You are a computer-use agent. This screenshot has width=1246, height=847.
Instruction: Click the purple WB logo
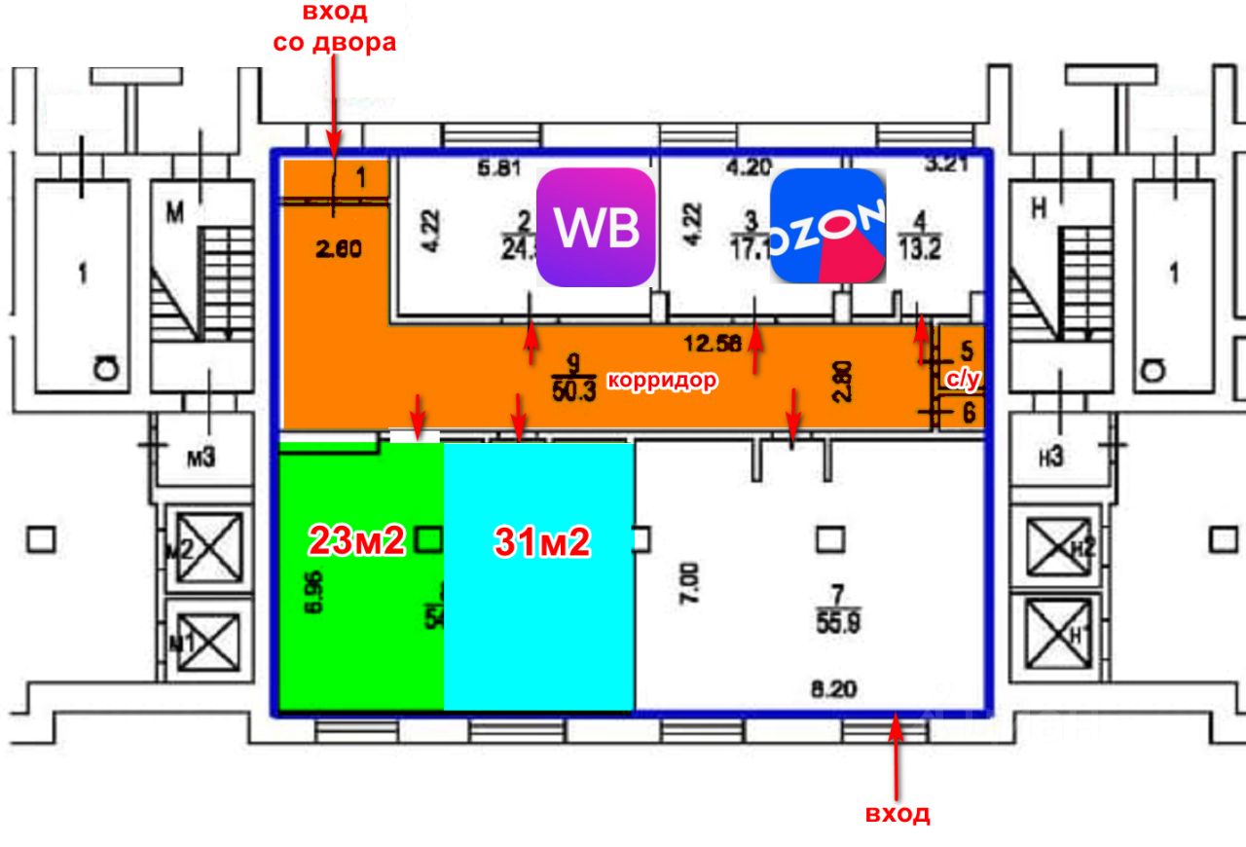coord(596,228)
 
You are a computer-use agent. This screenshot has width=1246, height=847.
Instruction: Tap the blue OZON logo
coord(828,226)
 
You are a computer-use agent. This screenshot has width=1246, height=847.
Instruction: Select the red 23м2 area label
coord(356,539)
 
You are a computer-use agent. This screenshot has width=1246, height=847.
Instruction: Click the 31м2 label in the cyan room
coord(541,542)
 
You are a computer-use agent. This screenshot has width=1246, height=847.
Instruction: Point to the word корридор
coord(663,381)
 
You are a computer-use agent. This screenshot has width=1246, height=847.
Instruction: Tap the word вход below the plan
coord(898,814)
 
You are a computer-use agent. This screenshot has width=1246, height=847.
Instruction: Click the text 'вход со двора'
coord(334,28)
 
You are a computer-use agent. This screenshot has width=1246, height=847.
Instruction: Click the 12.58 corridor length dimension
coord(713,342)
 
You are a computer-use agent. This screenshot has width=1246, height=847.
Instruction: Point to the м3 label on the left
coord(201,456)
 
